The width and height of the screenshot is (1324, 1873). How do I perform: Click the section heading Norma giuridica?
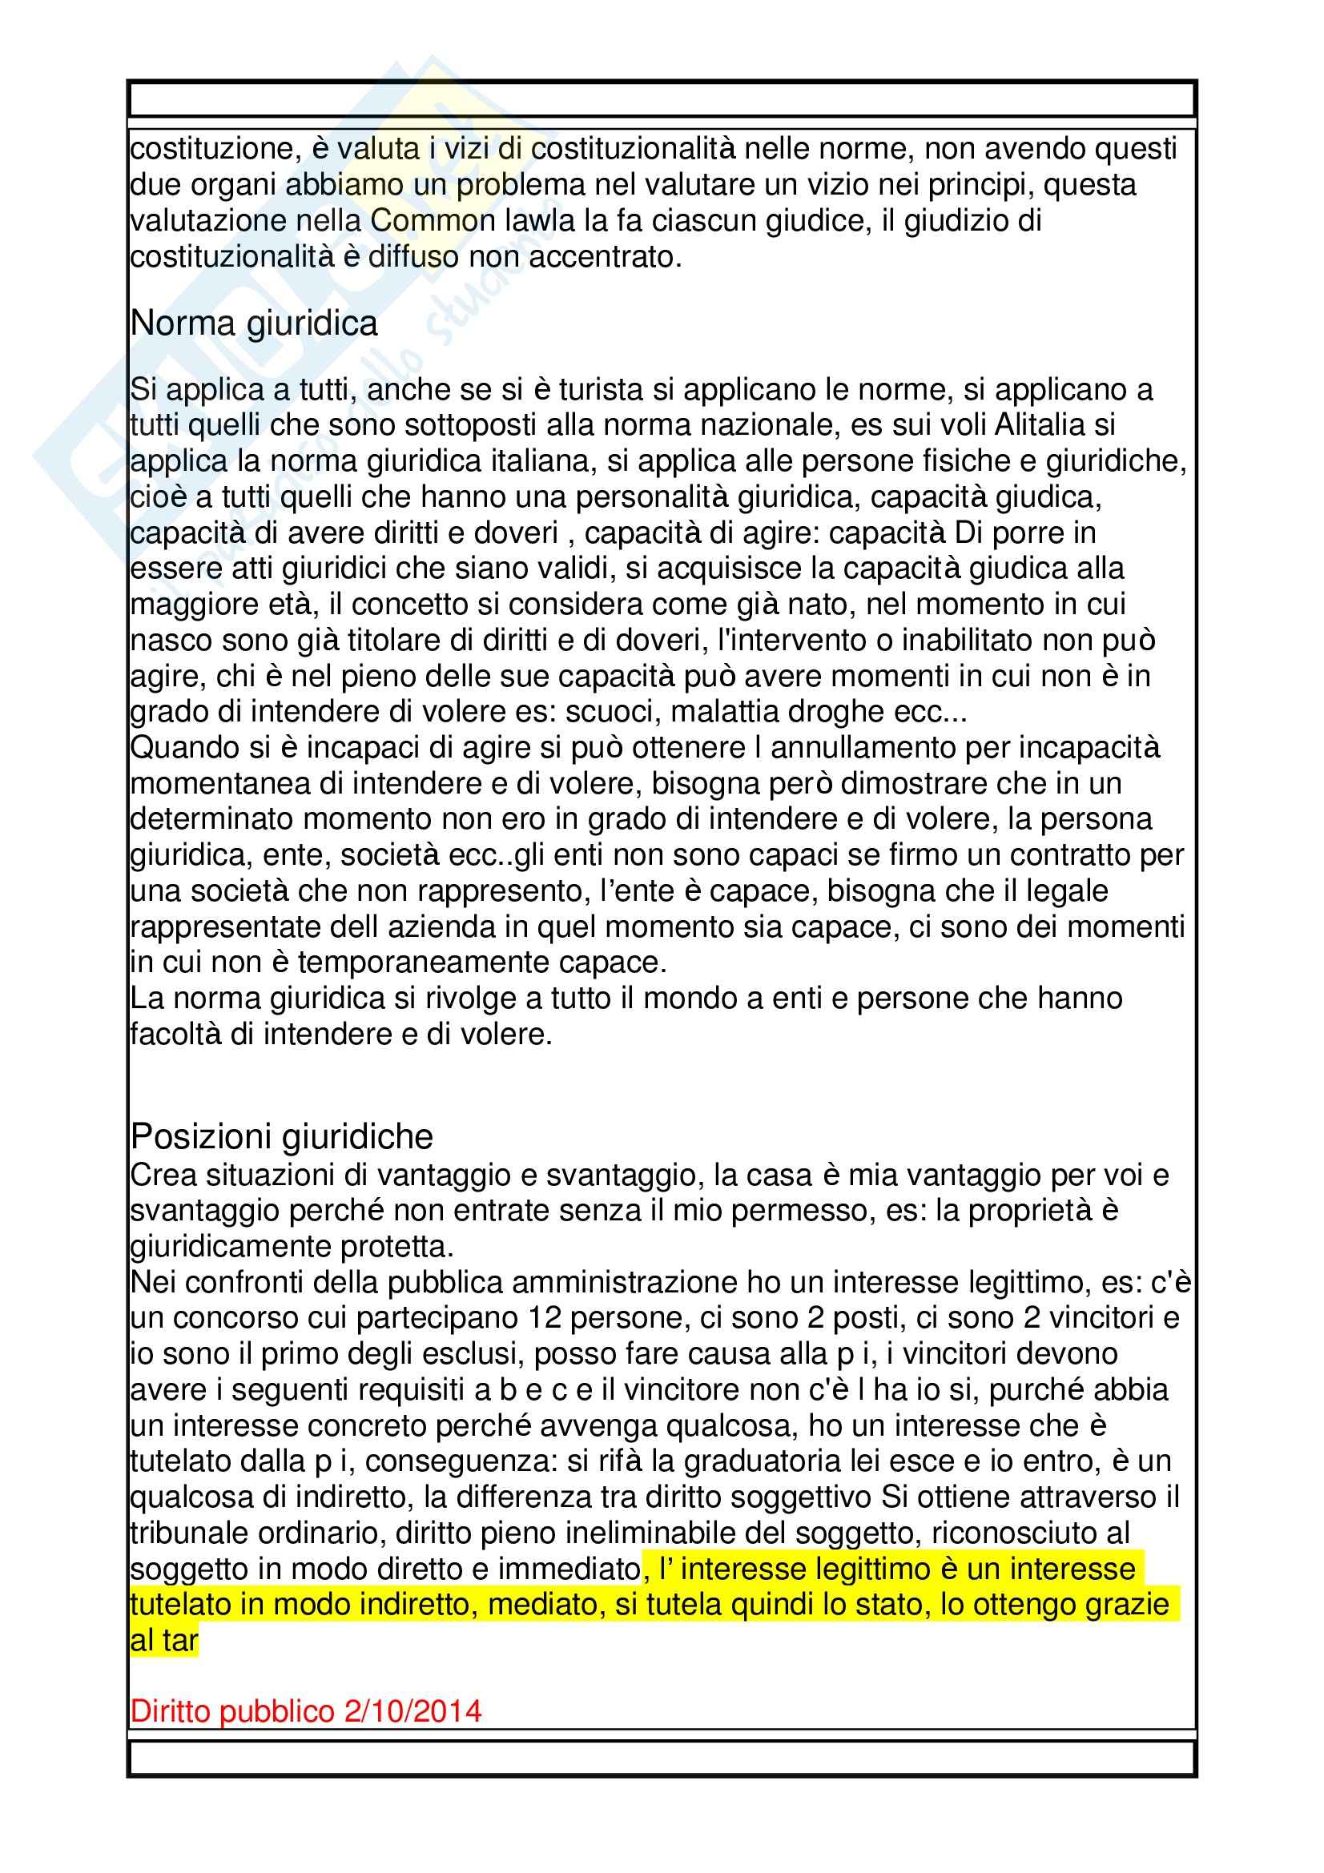(x=254, y=324)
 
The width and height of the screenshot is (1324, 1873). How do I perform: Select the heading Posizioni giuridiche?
(x=281, y=1136)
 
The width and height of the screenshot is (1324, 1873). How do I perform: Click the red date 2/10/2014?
(x=412, y=1710)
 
